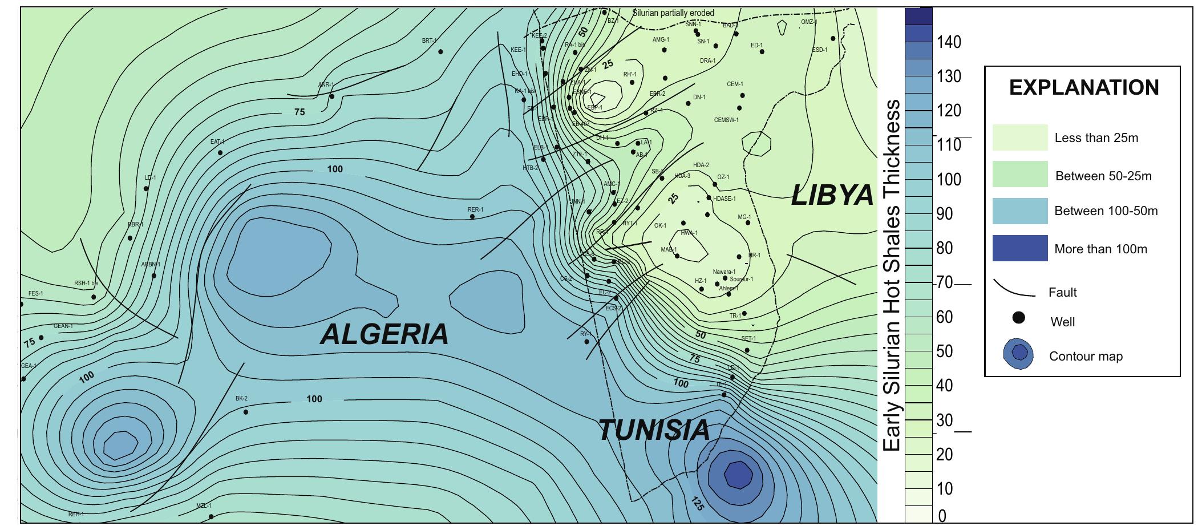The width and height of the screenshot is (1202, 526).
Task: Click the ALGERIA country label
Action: [385, 334]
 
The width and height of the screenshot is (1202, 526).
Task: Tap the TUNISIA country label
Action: [654, 430]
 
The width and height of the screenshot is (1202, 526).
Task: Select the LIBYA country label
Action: [833, 196]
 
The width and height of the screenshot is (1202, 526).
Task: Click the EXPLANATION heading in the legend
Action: [1084, 87]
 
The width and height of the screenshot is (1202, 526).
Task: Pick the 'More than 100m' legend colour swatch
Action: [1020, 248]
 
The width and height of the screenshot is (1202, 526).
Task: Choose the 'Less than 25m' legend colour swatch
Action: [1020, 137]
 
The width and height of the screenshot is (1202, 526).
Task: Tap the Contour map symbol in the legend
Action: [1018, 354]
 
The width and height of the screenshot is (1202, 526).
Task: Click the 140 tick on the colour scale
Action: [949, 42]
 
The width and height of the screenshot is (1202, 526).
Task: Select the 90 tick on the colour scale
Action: [949, 214]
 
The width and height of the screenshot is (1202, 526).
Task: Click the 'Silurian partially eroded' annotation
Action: [673, 13]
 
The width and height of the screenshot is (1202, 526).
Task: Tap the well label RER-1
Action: [475, 209]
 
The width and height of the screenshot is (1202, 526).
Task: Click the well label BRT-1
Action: [429, 41]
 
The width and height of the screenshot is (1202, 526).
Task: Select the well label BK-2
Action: [241, 398]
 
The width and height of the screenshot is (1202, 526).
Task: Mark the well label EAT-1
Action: [217, 141]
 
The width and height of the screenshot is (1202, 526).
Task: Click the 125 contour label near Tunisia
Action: [697, 504]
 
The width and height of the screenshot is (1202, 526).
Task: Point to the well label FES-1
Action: [35, 293]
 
